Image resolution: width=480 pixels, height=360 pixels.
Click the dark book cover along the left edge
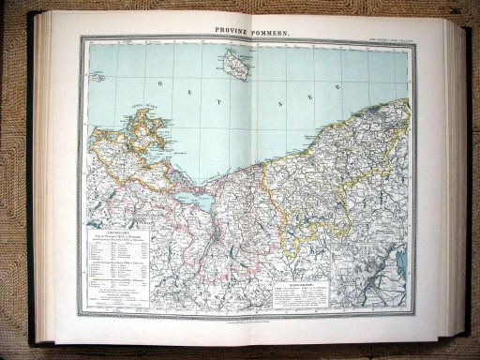37,187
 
